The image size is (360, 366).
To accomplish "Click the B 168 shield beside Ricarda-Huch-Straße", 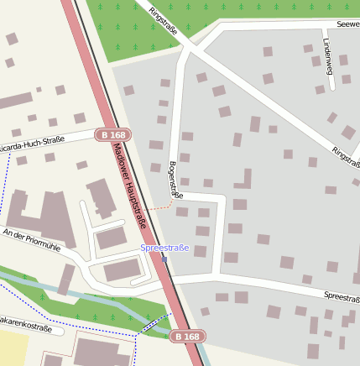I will (113, 134).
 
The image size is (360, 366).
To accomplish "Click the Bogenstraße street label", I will (175, 180).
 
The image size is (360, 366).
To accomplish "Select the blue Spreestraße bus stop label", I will (164, 248).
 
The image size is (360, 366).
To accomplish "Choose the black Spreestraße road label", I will (341, 297).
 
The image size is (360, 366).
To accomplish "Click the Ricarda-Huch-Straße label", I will (31, 145).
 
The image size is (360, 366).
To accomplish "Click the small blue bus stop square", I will (165, 259).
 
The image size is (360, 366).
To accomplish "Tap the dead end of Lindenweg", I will (320, 90).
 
